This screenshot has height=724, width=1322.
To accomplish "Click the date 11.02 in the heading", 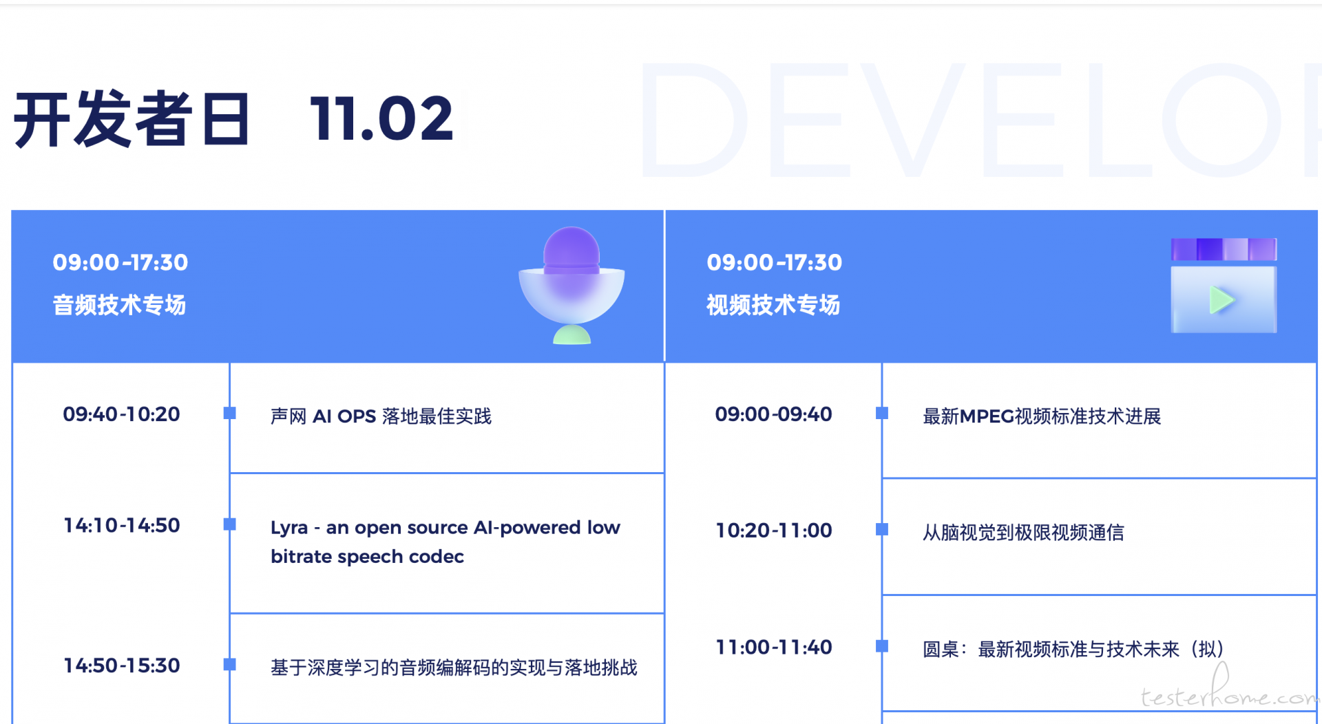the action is coord(382,118).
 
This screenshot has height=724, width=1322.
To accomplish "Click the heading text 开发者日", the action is coord(132,118).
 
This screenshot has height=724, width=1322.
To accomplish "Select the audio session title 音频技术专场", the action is coord(119,305).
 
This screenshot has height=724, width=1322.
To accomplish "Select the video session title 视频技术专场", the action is coord(773,305).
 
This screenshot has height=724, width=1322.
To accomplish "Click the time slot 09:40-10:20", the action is coord(121,414).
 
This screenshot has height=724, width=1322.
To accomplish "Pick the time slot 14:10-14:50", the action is coord(122,526).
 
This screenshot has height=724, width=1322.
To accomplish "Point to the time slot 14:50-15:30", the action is coord(122,666).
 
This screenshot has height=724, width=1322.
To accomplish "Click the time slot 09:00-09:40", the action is coord(773,414).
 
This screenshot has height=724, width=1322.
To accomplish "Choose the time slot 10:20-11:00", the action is coord(774,531).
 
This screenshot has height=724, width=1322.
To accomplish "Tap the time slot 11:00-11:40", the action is coord(774,648).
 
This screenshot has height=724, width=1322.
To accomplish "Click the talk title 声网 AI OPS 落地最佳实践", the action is coord(381,416).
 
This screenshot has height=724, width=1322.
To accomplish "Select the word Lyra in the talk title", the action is coord(289,529).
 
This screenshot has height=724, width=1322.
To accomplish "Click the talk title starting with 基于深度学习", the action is coord(454,668).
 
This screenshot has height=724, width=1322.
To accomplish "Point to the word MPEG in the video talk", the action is coord(987,416).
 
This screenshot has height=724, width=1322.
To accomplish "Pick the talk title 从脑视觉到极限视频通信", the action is coord(1023,533).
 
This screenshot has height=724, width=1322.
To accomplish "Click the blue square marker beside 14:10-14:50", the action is coord(230,524).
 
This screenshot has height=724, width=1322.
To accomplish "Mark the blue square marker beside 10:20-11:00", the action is coord(882,529).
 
